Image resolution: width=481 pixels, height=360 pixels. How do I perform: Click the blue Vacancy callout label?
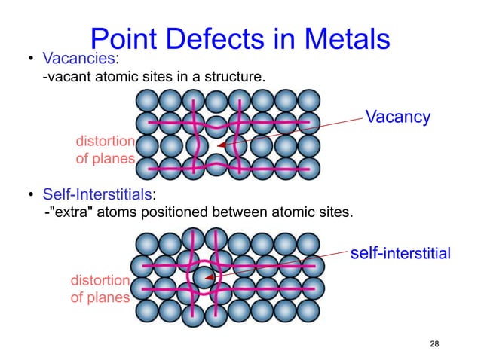[397, 117]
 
